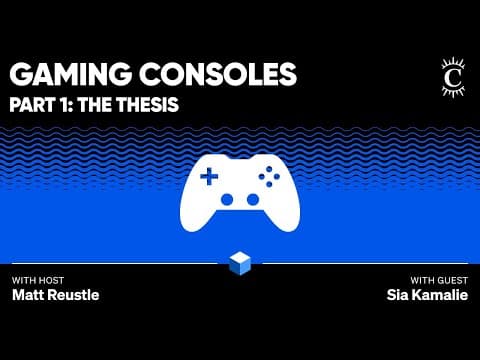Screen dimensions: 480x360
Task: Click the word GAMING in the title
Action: [70, 74]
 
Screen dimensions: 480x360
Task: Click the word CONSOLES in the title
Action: [218, 74]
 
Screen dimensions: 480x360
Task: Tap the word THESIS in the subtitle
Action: [147, 104]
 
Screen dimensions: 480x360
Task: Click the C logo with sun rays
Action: [453, 78]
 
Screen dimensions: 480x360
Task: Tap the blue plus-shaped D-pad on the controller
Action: [209, 176]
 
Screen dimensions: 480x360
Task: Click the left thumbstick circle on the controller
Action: [227, 200]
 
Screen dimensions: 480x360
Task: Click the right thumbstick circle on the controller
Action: [253, 200]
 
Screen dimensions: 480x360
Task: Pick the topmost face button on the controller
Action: [269, 169]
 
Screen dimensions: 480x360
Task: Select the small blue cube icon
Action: [240, 263]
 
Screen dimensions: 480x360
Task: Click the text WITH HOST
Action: [38, 280]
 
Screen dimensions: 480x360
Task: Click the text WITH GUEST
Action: [439, 280]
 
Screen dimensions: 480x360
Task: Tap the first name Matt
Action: [27, 295]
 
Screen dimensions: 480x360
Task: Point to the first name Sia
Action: [397, 295]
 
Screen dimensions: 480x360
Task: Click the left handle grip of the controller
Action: [195, 217]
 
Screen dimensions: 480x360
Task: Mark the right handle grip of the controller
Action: [285, 217]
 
